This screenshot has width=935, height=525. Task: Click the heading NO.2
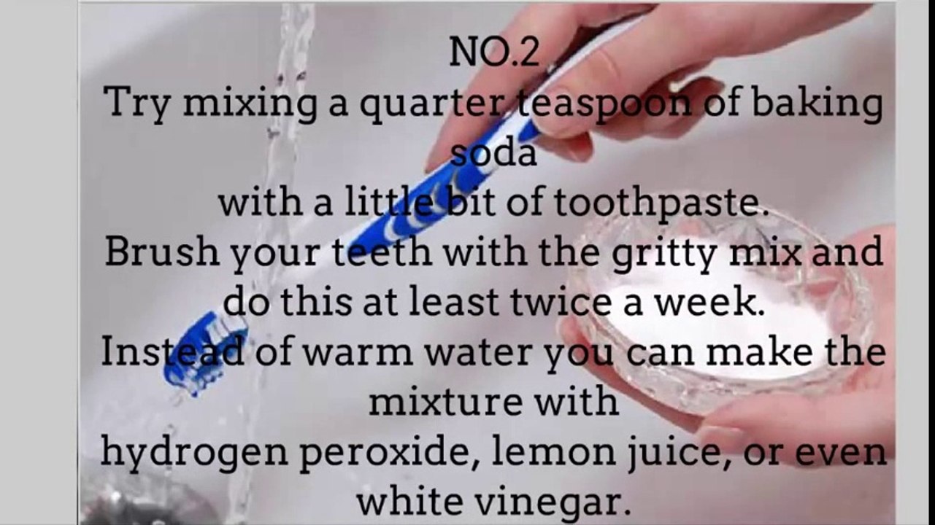[x=494, y=52]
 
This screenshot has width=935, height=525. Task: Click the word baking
[x=817, y=104]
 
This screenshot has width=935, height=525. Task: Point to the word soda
[x=494, y=152]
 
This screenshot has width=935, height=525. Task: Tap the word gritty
[x=666, y=254]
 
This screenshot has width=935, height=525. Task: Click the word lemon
[x=554, y=451]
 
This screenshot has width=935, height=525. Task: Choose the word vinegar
[x=553, y=503]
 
